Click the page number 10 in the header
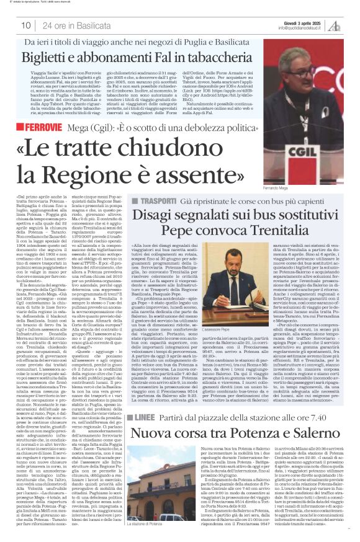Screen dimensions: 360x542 [26, 25]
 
